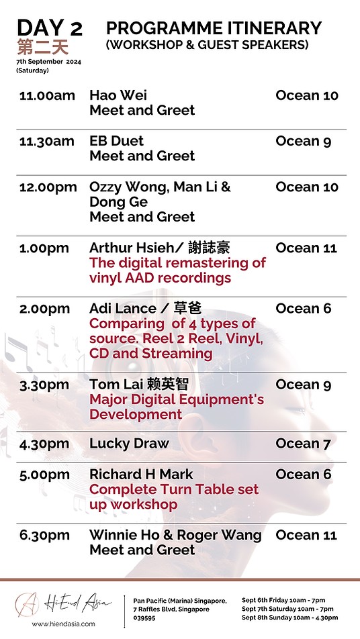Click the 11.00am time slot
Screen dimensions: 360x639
tap(47, 96)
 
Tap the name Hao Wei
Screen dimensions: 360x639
tap(118, 95)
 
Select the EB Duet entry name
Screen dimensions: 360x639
tap(117, 141)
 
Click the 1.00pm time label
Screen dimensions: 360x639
tap(44, 248)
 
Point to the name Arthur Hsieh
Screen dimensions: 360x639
tap(136, 248)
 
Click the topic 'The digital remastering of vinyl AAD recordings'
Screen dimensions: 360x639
tap(177, 271)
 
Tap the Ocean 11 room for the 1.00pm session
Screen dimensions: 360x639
tap(306, 248)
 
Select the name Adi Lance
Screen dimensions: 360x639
tap(123, 309)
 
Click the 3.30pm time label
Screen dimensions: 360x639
tap(44, 385)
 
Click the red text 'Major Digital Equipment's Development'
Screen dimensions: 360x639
tap(177, 407)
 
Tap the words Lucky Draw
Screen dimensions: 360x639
tap(129, 444)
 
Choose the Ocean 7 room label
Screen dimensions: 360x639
tap(304, 444)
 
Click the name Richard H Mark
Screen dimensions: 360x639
tap(142, 475)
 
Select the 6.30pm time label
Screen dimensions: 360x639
tap(44, 536)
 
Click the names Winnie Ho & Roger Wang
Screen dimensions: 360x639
tap(176, 535)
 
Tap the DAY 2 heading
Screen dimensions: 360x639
tap(50, 28)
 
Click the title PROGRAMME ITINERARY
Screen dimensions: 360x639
tap(214, 28)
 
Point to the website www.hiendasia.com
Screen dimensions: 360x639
tap(63, 624)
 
